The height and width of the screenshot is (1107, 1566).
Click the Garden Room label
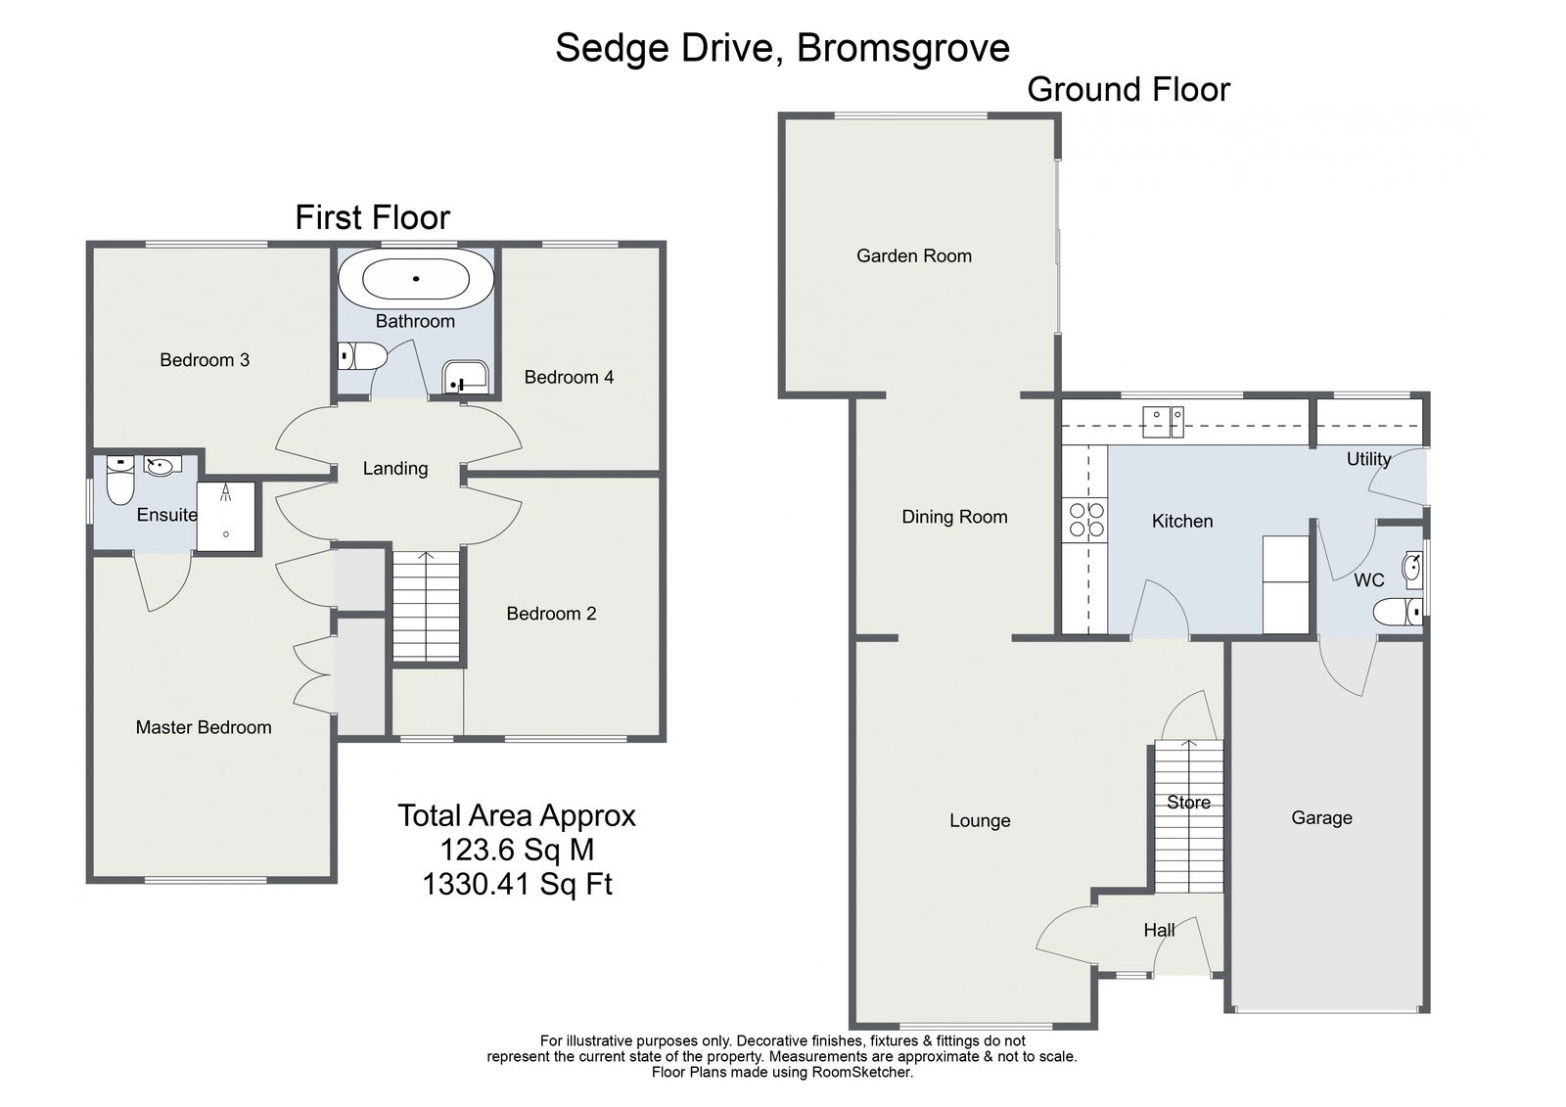[913, 256]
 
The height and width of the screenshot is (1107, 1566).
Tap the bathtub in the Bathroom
[416, 279]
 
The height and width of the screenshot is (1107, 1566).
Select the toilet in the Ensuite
[120, 481]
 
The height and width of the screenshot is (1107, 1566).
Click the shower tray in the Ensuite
[226, 516]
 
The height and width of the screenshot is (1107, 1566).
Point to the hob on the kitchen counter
[1085, 520]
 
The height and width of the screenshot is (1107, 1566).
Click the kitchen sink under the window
[1163, 420]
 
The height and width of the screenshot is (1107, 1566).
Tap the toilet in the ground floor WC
[1398, 613]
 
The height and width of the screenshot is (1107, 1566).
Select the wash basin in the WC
[1413, 566]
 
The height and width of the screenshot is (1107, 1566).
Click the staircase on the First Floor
[426, 607]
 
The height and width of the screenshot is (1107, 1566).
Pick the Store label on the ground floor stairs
[1188, 803]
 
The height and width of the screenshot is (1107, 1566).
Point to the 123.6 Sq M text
[517, 850]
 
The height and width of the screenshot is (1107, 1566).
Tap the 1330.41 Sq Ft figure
[517, 885]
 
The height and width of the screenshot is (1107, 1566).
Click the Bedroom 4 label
[569, 378]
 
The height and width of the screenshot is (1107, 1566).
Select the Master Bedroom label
[204, 727]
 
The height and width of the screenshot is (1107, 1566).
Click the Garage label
[1321, 818]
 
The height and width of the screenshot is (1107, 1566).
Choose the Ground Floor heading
[1128, 90]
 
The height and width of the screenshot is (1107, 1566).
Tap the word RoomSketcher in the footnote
[860, 1072]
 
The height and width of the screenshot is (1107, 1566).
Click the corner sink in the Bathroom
[464, 376]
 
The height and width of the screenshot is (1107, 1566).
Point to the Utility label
[1368, 459]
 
